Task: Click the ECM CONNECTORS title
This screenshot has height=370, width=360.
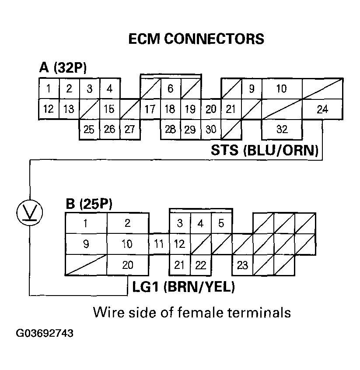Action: (196, 39)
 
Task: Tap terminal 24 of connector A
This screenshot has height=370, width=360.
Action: (322, 109)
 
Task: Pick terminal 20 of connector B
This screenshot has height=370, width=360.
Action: (127, 265)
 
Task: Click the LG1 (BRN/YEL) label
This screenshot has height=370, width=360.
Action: (184, 287)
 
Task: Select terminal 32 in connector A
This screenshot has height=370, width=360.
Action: (282, 130)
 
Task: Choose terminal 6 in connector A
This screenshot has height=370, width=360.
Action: (170, 89)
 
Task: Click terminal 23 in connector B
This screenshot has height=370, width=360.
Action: (242, 265)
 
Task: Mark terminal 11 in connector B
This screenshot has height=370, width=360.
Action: (159, 244)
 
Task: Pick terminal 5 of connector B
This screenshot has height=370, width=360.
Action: (221, 223)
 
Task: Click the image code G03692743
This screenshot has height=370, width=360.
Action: (45, 333)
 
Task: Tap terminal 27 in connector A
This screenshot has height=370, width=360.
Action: (129, 130)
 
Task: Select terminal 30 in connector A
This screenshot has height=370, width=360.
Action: (211, 130)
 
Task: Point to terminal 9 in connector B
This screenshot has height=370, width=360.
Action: (86, 244)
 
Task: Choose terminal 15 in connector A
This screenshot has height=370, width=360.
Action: (109, 109)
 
